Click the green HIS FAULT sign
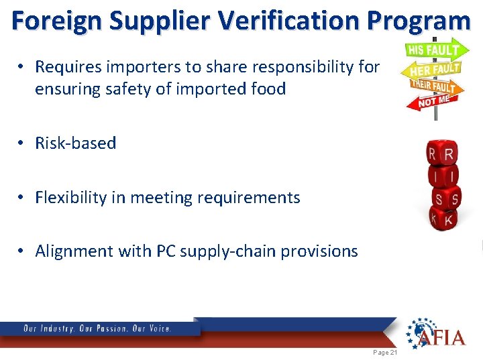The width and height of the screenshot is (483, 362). [x=433, y=50]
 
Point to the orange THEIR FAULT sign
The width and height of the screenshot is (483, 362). [x=433, y=86]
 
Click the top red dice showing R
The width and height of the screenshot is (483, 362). [x=442, y=154]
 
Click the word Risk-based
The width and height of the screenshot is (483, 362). [x=76, y=143]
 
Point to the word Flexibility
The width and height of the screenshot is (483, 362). [x=71, y=197]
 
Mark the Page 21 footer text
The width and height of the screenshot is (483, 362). [x=384, y=352]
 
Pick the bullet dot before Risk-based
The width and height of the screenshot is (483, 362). [x=22, y=143]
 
